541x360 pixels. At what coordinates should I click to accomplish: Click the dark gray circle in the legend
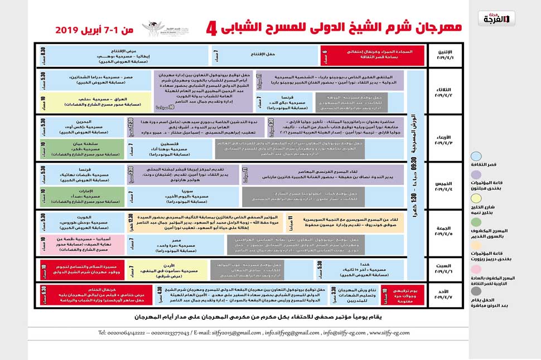476,291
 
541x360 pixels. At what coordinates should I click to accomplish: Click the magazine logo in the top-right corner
496,19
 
